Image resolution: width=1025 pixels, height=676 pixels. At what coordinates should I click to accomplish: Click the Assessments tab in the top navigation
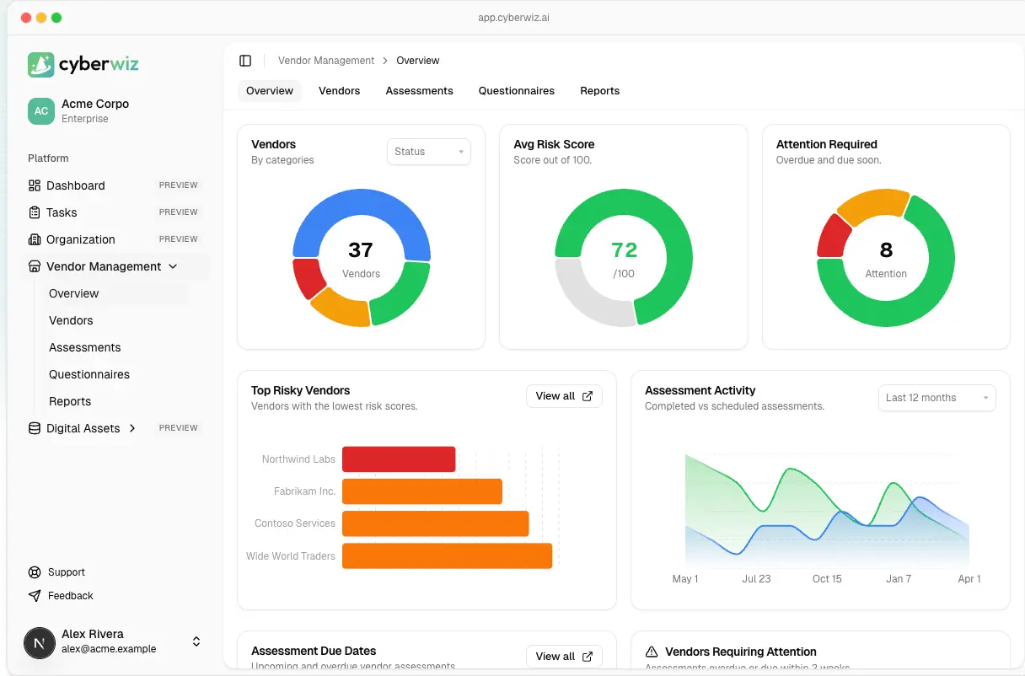(419, 91)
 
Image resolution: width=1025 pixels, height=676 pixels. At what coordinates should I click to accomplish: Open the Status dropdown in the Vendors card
(428, 152)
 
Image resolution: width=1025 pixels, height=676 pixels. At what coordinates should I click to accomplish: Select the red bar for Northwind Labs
(399, 459)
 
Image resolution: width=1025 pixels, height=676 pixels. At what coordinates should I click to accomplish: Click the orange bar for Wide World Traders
(447, 555)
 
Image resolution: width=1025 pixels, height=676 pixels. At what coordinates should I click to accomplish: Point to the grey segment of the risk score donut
(590, 295)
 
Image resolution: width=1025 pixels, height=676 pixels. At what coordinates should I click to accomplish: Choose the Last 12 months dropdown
(936, 398)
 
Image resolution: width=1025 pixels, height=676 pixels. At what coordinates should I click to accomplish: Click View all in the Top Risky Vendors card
(563, 396)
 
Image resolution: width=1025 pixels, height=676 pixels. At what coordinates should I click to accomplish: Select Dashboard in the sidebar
(76, 185)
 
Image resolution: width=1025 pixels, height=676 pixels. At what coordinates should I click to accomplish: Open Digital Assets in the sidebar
(83, 428)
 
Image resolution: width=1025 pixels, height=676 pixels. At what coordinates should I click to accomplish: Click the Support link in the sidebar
(66, 572)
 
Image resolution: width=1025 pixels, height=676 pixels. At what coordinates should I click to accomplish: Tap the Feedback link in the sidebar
(70, 596)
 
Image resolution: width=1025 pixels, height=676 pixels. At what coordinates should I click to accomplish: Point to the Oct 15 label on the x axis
(827, 579)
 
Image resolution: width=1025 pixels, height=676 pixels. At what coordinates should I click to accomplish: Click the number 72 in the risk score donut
(624, 250)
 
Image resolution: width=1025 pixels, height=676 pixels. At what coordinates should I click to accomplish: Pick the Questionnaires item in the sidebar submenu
(89, 374)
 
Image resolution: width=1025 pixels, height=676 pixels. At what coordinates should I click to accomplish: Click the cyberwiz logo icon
(40, 64)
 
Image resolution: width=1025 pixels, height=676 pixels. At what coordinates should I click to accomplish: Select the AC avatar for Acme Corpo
(41, 111)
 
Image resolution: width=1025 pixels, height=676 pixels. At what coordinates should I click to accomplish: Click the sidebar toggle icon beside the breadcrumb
(245, 61)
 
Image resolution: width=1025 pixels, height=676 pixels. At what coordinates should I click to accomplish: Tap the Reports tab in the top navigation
(599, 91)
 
